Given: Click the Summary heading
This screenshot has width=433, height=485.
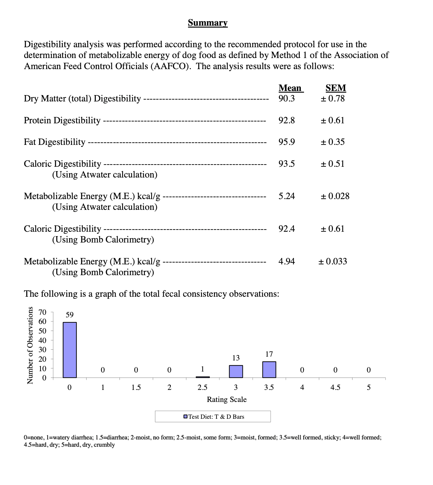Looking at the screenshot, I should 208,23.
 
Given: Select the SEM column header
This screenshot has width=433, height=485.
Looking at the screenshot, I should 336,88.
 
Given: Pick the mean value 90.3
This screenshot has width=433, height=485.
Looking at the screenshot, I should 287,99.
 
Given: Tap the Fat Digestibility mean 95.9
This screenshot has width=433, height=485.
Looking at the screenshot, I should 287,142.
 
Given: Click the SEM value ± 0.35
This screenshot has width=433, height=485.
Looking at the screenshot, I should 333,142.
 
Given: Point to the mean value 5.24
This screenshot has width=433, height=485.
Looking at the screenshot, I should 287,196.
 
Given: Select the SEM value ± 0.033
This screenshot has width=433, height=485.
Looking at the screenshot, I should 333,262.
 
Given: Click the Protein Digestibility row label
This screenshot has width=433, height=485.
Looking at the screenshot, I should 62,120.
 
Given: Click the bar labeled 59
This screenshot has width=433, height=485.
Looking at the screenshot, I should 70,350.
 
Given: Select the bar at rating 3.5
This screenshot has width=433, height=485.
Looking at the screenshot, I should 269,370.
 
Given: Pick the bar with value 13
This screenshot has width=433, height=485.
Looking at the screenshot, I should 236,372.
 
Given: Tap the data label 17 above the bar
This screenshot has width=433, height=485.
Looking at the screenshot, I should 269,354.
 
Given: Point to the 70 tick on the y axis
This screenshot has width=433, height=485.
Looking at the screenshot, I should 42,312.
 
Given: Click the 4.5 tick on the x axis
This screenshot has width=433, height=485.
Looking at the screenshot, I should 335,387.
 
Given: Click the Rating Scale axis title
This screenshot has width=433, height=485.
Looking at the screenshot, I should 227,399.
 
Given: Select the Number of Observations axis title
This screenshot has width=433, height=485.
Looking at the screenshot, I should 30,345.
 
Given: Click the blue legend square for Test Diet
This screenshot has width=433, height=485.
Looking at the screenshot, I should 186,417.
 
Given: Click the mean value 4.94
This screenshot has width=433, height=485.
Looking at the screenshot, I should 287,262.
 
